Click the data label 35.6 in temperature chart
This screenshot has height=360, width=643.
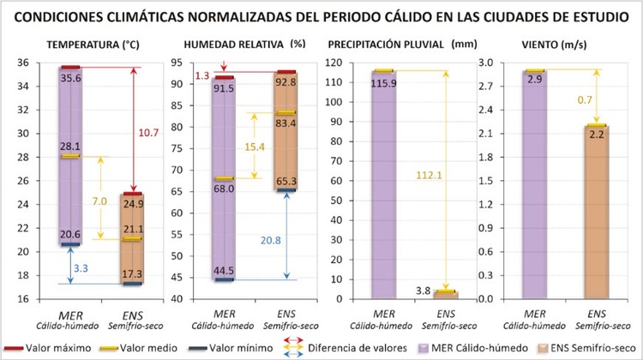(x=71, y=77)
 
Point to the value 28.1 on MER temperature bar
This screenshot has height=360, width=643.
(x=71, y=147)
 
